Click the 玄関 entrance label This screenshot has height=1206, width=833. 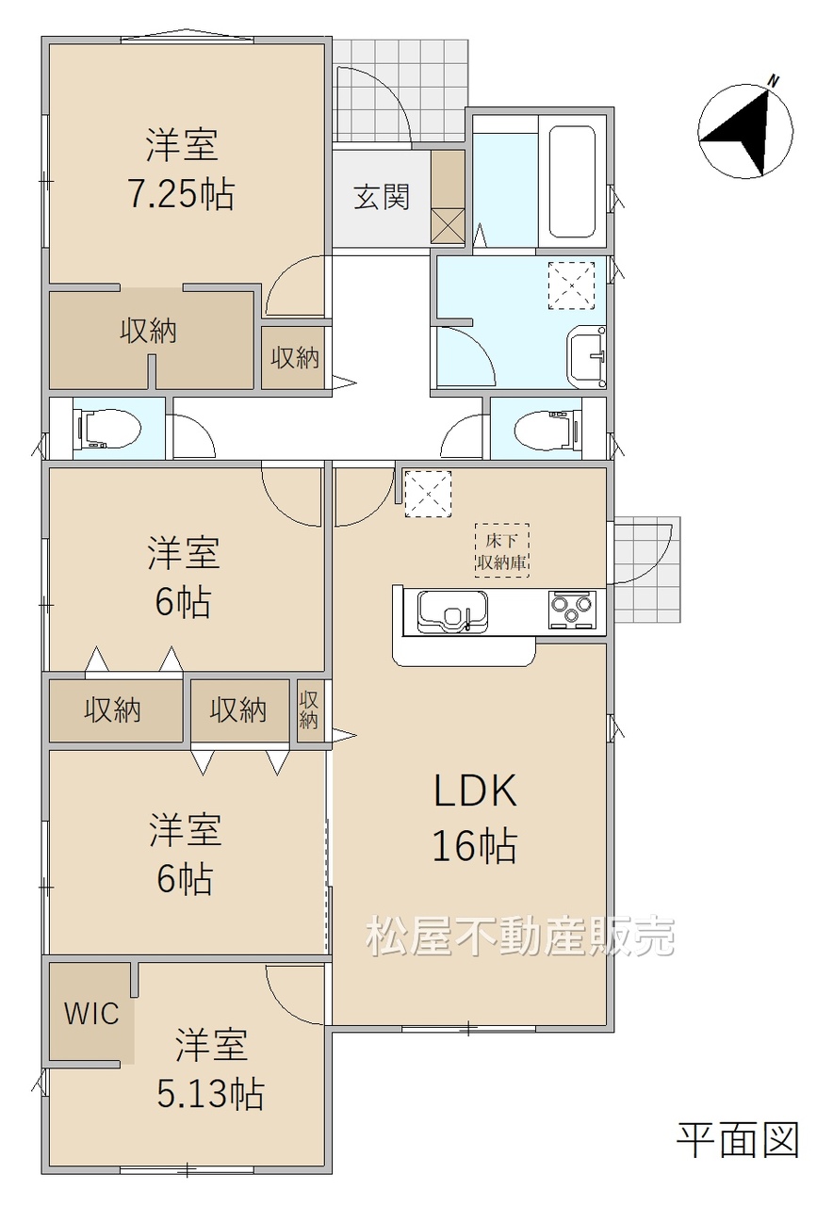pos(382,197)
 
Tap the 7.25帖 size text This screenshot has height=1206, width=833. pos(181,194)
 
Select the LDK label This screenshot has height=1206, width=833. pos(476,790)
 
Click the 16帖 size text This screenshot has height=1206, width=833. pos(475,846)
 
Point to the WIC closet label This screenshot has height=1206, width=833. pos(91,1014)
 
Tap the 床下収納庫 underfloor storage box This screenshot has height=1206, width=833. pos(502,550)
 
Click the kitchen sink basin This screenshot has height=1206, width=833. pos(452,612)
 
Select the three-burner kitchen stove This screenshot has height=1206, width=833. pos(572,610)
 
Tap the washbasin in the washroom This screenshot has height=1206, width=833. pos(586,356)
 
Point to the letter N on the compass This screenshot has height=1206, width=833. pos(774,81)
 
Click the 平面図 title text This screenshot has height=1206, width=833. pos(738,1141)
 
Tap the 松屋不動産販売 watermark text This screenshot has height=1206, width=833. pos(520,937)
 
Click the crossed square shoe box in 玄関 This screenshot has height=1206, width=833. pos(448,226)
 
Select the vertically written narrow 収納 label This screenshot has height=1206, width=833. pos(308,710)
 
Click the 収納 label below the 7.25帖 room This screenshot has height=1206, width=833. pos(148,331)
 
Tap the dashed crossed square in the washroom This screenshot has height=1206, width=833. pos(571,285)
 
